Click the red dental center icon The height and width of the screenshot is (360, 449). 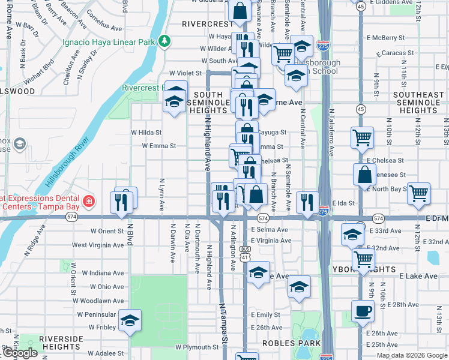click(88, 200)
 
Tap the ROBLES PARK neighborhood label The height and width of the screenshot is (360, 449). click(286, 343)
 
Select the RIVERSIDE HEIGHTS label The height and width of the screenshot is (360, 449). click(61, 343)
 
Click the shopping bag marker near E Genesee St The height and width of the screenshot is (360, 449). click(364, 175)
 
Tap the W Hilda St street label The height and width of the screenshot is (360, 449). click(146, 132)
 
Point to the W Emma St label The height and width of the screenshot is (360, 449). click(158, 146)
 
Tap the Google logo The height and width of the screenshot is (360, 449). click(20, 353)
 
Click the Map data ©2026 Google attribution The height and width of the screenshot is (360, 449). click(412, 355)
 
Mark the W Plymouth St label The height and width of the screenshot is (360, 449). click(197, 347)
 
